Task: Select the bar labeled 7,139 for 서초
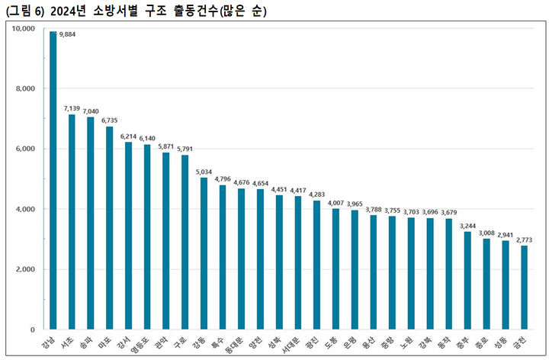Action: (72, 222)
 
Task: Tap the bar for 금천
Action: (525, 288)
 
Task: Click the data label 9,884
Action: (67, 34)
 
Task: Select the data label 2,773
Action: (524, 239)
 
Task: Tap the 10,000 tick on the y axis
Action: (24, 29)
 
